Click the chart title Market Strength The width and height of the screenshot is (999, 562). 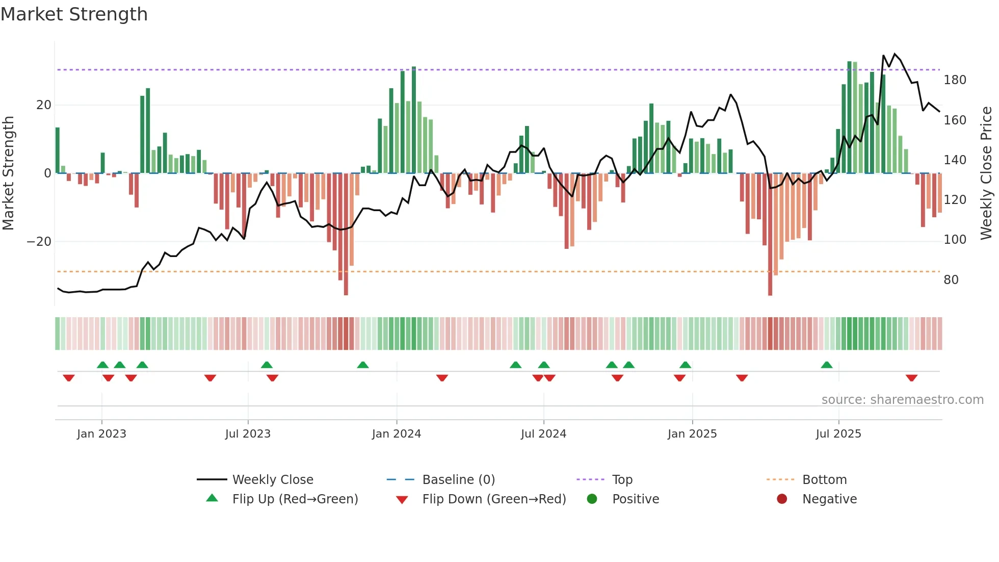click(x=74, y=14)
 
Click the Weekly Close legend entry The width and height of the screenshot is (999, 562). click(x=272, y=479)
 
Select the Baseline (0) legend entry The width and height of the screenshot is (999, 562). click(x=458, y=479)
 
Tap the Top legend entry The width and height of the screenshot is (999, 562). click(x=622, y=479)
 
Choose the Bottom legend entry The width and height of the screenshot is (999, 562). click(x=824, y=479)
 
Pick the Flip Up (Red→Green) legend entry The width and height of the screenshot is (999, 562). click(x=295, y=499)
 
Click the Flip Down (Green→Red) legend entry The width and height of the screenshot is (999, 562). click(x=493, y=499)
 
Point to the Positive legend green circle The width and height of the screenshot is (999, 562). click(x=592, y=499)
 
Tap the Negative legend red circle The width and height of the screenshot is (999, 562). click(x=782, y=499)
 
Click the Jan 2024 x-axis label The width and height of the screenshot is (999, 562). click(x=397, y=434)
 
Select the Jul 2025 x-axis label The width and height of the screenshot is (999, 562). click(x=838, y=434)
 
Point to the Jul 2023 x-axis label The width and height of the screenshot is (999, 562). click(x=248, y=434)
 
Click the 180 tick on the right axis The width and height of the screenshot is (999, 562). click(x=955, y=80)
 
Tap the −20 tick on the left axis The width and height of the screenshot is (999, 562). click(x=39, y=242)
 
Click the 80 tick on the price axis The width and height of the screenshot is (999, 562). click(x=951, y=280)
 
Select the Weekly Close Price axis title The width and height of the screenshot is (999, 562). click(x=986, y=173)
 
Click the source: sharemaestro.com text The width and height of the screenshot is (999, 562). click(x=902, y=400)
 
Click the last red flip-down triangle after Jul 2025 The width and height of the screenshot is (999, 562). click(x=911, y=378)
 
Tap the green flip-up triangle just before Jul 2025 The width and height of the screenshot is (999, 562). click(x=827, y=365)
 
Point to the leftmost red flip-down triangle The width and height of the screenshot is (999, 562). click(x=69, y=378)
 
